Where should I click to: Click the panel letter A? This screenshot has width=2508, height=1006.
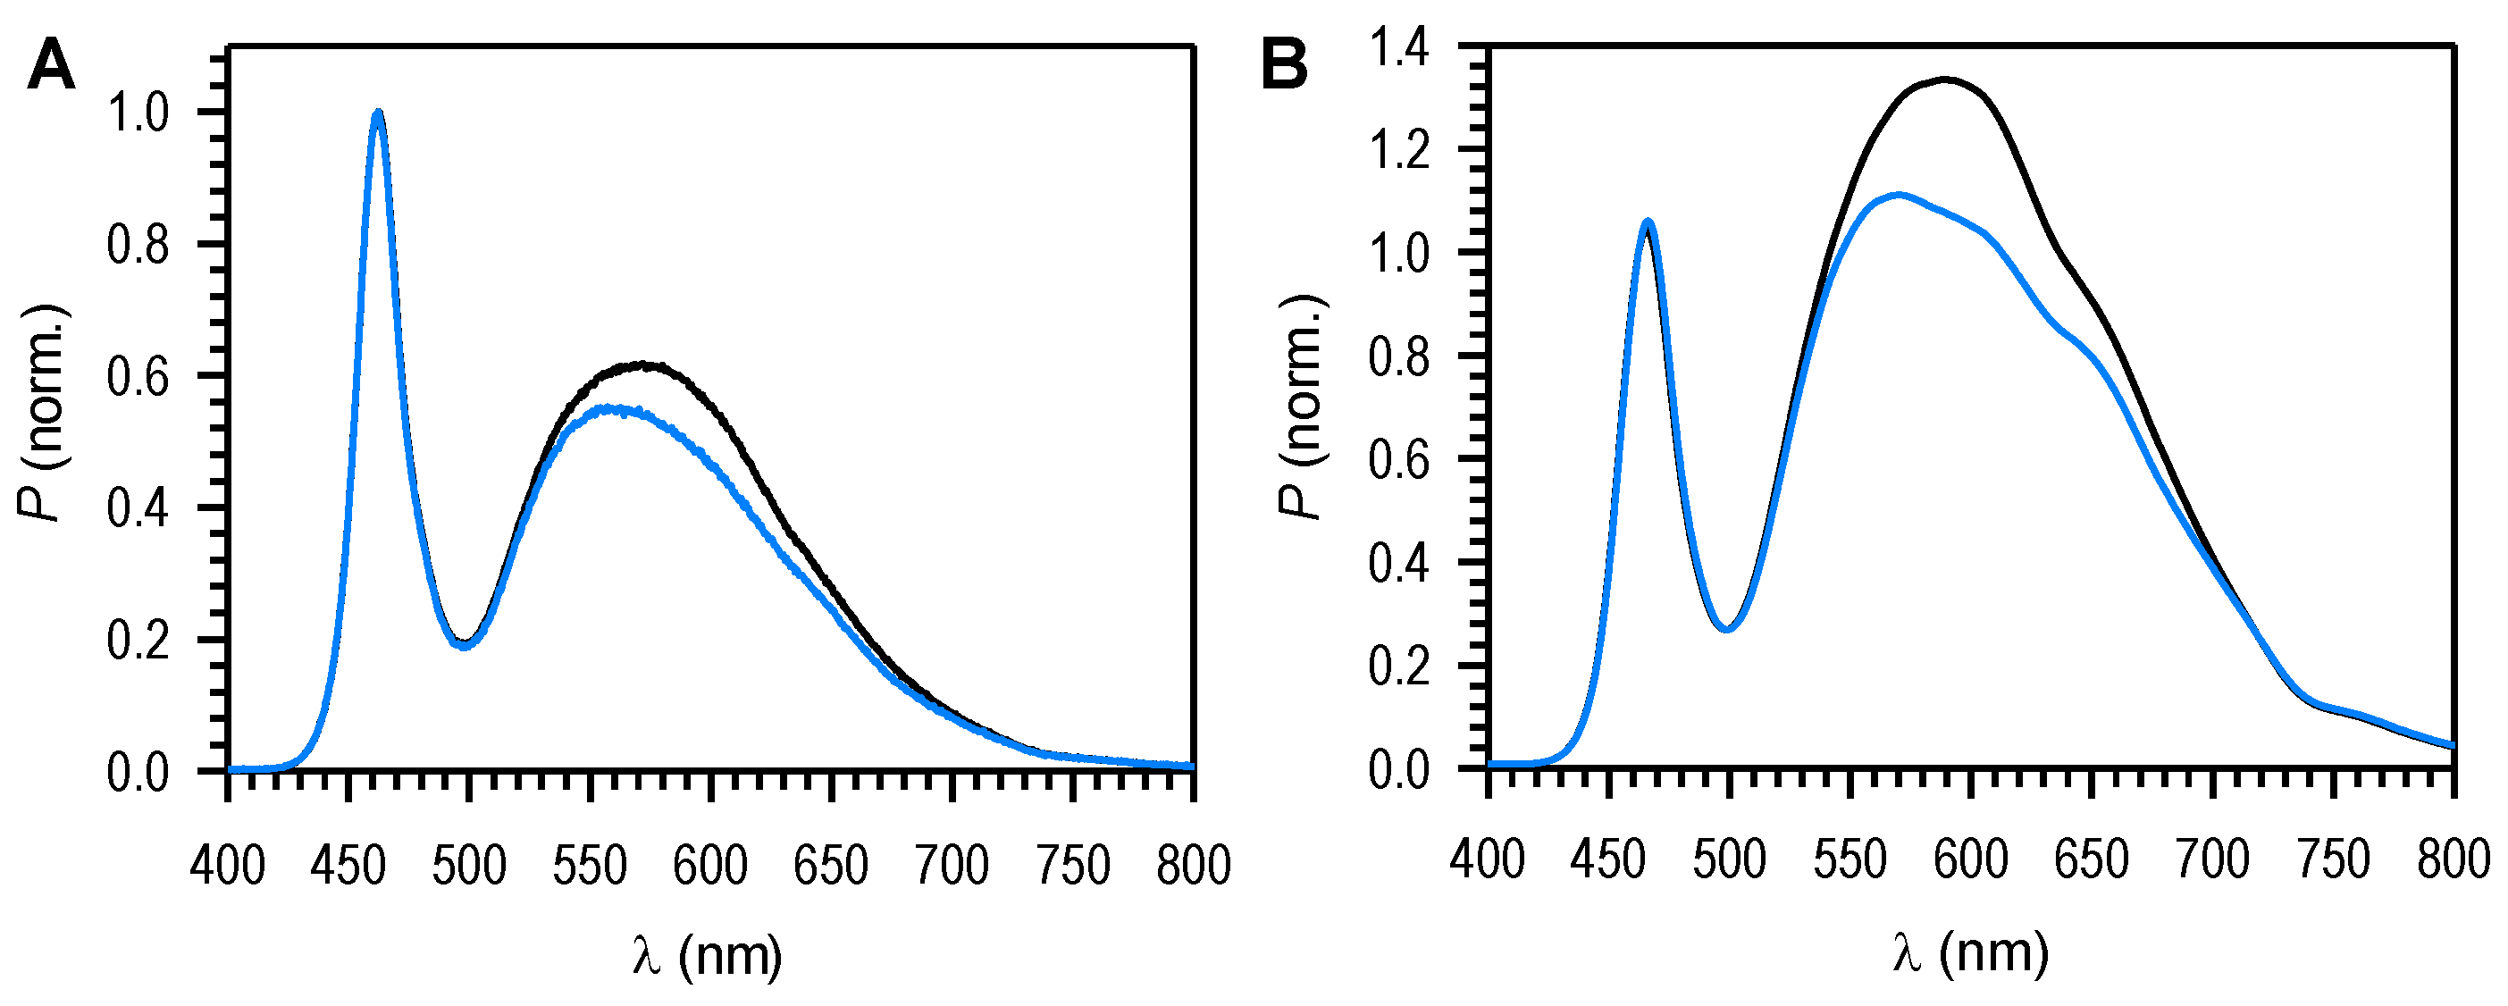(x=51, y=67)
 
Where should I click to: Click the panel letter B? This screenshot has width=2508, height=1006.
(x=1284, y=67)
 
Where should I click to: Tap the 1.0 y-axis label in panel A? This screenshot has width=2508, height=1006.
(x=138, y=114)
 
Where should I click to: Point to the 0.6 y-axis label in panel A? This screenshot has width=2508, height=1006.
(x=138, y=377)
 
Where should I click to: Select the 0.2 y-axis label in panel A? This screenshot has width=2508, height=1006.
(x=138, y=641)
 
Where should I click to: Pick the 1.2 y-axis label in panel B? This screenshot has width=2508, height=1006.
(x=1399, y=151)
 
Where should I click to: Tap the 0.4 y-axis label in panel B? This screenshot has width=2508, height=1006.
(x=1399, y=564)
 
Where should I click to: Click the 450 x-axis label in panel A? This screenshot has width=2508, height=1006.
(x=348, y=866)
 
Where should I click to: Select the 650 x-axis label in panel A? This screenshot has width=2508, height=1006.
(x=830, y=866)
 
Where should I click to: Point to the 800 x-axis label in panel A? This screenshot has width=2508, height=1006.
(x=1193, y=866)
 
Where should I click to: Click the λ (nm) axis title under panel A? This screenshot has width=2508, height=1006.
(x=708, y=955)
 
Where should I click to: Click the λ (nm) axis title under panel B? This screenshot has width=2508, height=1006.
(x=1971, y=952)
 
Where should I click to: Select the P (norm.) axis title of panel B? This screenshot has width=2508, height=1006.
(x=1302, y=407)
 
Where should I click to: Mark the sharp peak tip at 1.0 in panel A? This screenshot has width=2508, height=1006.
(x=378, y=112)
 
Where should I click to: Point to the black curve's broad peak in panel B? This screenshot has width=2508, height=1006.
(x=1945, y=80)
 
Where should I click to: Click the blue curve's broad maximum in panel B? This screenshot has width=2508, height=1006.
(x=1899, y=195)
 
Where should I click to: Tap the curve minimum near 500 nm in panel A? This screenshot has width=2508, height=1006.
(x=466, y=645)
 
